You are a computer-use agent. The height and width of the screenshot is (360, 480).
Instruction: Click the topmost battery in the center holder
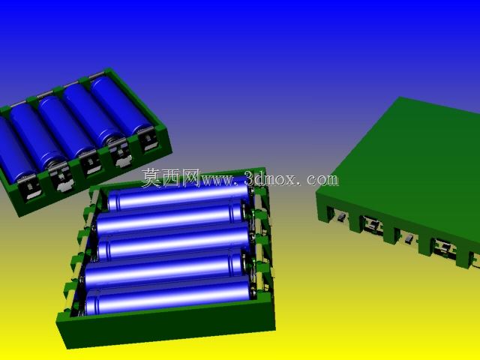click(x=179, y=195)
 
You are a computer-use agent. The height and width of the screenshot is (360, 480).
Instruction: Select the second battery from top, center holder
click(x=170, y=218)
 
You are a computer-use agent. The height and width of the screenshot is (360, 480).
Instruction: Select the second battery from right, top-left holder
click(x=93, y=117)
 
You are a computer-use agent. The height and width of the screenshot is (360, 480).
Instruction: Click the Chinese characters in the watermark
click(x=171, y=178)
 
